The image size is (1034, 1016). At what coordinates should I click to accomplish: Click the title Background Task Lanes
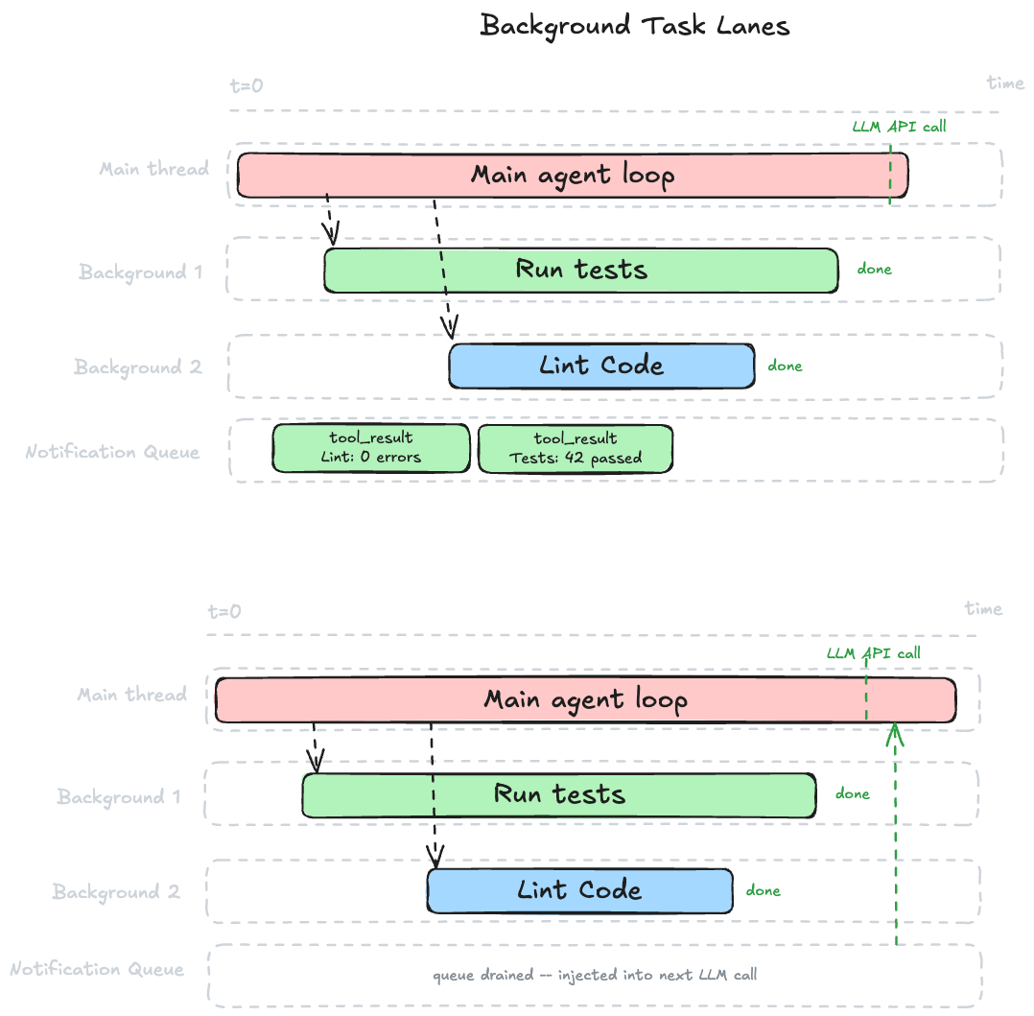635,26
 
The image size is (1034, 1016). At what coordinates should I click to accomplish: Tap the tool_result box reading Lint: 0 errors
371,448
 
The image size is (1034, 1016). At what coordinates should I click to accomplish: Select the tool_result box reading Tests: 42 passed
576,448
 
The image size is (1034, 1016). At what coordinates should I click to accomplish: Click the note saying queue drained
595,975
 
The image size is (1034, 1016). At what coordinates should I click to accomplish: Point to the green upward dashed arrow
895,835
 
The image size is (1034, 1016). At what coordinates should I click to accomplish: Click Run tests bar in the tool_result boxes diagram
581,270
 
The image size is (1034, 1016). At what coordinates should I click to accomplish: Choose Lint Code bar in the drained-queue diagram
579,890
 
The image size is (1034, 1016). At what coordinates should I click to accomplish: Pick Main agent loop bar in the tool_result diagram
573,175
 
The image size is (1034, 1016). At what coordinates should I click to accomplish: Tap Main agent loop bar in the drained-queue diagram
585,699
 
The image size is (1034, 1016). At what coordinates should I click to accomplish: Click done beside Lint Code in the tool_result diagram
785,366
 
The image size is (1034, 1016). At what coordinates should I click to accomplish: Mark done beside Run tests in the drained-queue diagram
852,793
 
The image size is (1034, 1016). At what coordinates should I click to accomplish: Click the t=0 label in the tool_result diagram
247,85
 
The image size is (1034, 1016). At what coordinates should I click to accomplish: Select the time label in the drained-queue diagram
983,609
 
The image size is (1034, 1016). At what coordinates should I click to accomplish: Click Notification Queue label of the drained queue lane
97,969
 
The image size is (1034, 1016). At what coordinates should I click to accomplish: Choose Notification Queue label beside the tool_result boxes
112,451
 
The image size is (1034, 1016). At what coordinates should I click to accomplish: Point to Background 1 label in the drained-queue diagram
119,797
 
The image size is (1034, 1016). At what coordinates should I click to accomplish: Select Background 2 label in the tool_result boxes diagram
138,367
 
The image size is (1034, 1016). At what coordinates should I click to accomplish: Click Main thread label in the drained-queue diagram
132,695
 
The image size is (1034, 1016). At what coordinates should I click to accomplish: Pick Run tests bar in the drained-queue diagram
559,794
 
